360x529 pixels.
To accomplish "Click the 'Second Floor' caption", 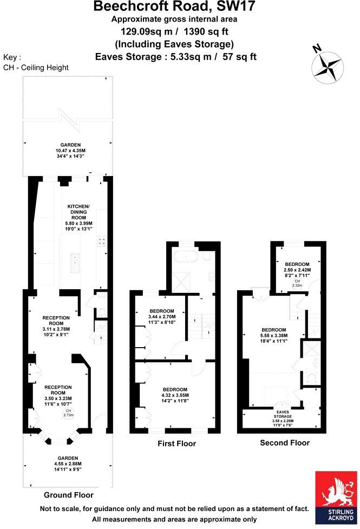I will [x=285, y=442].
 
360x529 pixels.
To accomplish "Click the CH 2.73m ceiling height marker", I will [x=69, y=414].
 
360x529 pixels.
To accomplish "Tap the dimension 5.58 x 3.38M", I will [x=278, y=335].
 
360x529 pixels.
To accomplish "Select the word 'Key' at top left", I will [x=12, y=57].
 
